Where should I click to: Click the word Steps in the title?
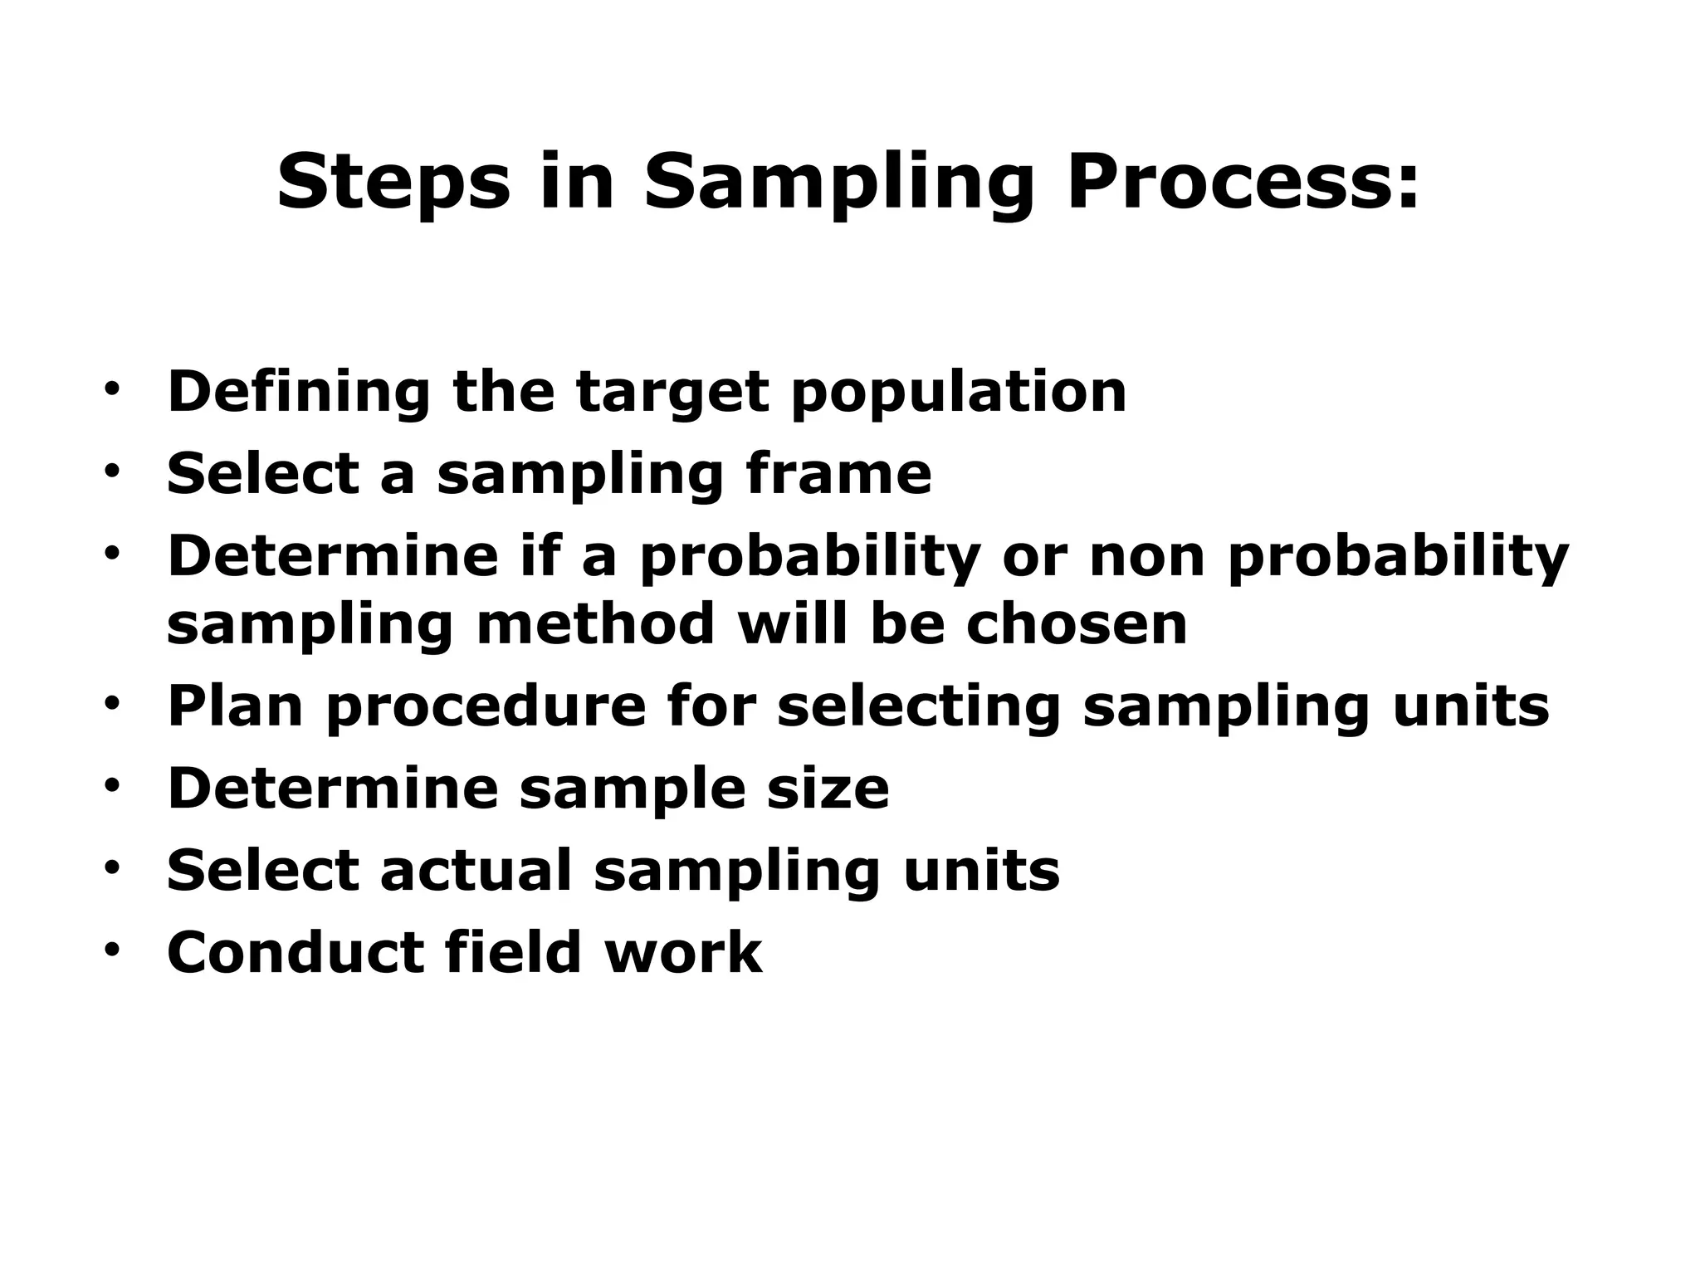(393, 183)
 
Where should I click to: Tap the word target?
(672, 393)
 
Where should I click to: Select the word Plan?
(235, 706)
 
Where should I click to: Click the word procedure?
(486, 708)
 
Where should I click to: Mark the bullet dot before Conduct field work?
(112, 950)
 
